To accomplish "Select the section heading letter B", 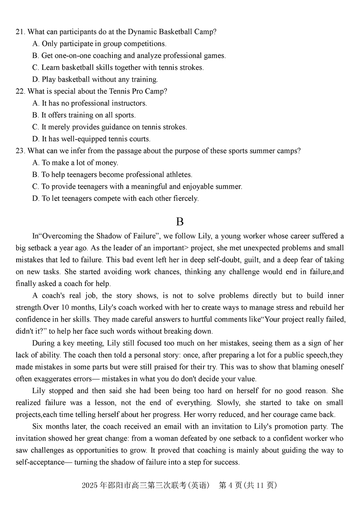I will click(x=180, y=221).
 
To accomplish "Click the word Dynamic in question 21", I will click(x=140, y=32).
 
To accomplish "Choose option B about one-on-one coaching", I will click(x=129, y=56).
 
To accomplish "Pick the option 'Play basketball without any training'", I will click(x=95, y=80).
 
